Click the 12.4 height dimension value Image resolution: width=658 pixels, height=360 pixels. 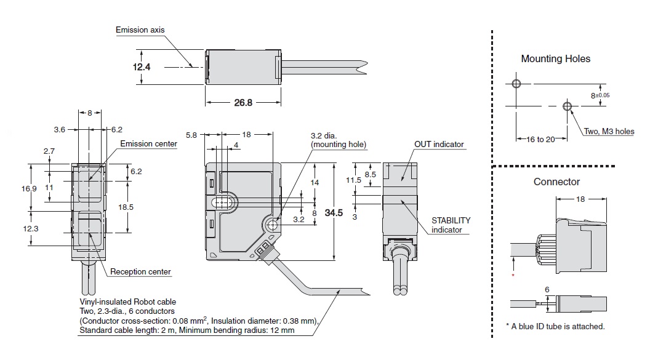tap(142, 66)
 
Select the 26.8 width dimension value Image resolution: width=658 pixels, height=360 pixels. tap(243, 103)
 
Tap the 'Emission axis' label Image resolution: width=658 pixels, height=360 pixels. tap(140, 30)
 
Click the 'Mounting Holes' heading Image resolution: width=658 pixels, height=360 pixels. tap(555, 59)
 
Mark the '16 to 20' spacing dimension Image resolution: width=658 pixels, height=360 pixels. tap(537, 139)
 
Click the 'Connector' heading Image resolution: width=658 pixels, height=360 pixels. tap(556, 182)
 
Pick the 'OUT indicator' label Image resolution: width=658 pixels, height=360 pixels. tap(439, 145)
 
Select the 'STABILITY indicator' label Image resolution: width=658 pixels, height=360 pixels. tap(451, 225)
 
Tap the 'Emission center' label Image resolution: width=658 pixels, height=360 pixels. tap(148, 144)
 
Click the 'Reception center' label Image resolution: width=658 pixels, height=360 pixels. tap(140, 271)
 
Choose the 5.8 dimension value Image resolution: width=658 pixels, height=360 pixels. tap(191, 134)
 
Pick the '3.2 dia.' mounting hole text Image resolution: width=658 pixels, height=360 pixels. tap(326, 136)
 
